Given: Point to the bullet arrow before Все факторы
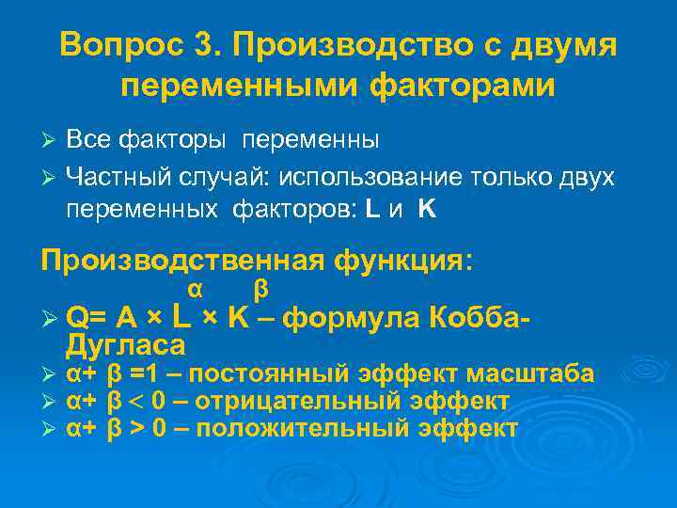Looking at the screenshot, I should click(x=51, y=141).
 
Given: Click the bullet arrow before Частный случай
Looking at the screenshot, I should click(x=51, y=177).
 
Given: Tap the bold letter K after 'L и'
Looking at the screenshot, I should click(x=427, y=211).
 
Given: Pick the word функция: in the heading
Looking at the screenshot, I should click(x=405, y=260).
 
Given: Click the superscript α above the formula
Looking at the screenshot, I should click(x=196, y=286).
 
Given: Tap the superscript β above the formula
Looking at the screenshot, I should click(x=261, y=286).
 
